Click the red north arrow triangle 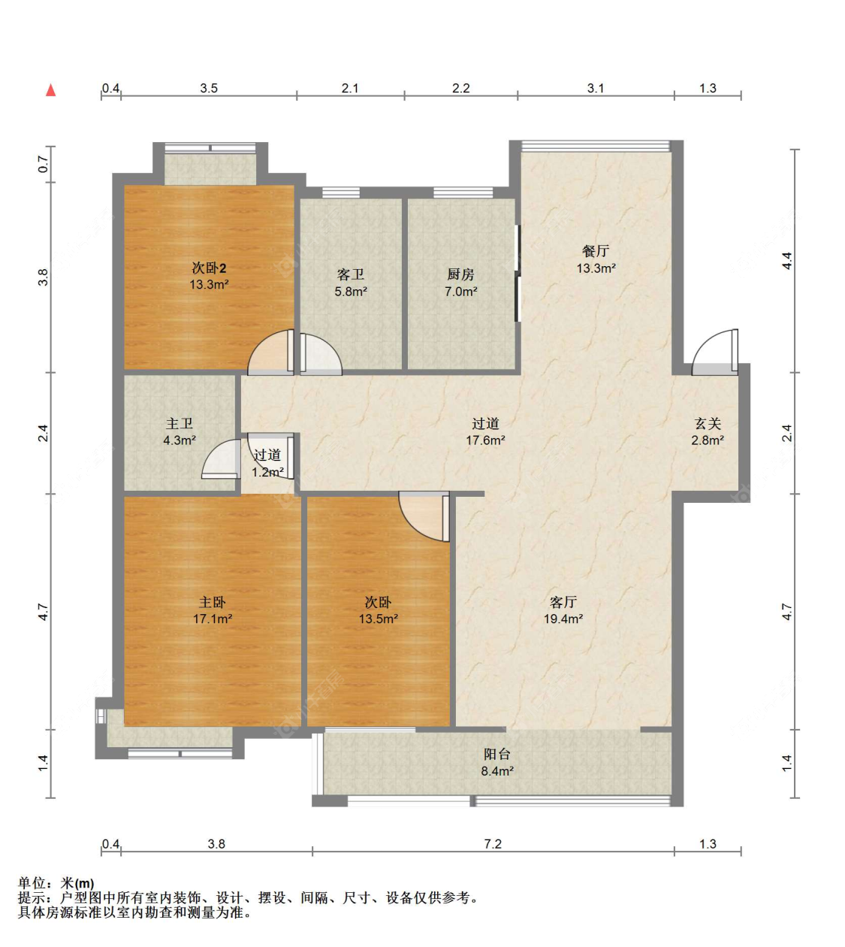pos(51,90)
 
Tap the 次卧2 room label pos(209,268)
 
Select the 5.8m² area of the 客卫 pos(350,292)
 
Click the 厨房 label pos(460,274)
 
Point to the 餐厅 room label pos(596,251)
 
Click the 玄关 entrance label pos(708,423)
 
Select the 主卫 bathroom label pos(180,423)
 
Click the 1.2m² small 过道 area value pos(267,472)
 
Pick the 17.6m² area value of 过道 pos(485,440)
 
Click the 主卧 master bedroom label pos(213,602)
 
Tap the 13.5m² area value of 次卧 pos(378,619)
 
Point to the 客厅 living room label pos(563,602)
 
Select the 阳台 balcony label pos(497,754)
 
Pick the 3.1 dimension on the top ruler pos(596,88)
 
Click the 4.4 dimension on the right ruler pos(787,260)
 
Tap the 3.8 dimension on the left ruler pos(43,277)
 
